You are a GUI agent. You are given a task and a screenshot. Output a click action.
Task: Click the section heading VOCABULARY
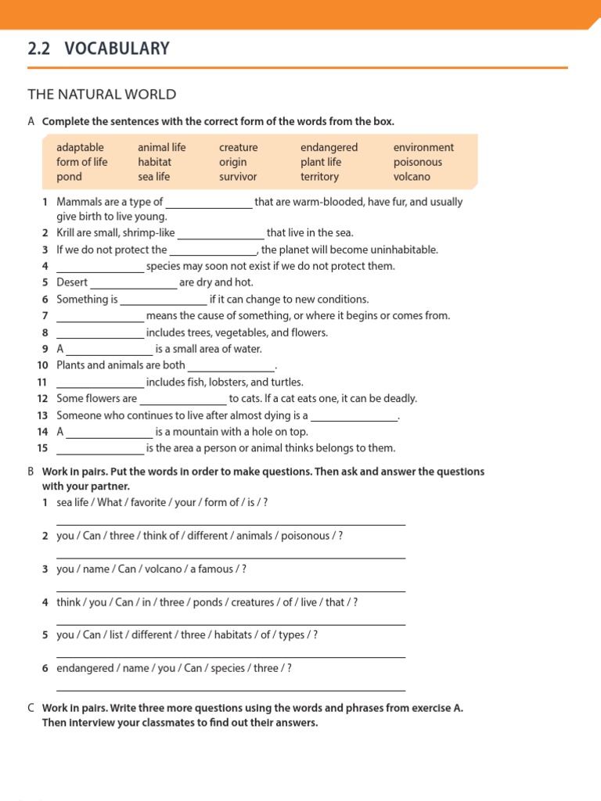click(117, 48)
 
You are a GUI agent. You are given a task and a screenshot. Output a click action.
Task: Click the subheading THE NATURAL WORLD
click(102, 95)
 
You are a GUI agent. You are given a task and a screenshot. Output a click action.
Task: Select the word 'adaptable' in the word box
click(80, 147)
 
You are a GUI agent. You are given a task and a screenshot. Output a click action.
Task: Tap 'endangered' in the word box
click(329, 147)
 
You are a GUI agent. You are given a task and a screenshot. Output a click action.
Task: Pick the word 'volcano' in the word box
click(412, 177)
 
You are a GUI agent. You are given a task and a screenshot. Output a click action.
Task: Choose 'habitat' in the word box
click(154, 162)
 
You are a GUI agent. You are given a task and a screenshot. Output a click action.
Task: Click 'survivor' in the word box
click(238, 177)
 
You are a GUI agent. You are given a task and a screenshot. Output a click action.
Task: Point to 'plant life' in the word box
click(321, 162)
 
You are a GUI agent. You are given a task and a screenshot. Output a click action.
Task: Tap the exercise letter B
click(31, 472)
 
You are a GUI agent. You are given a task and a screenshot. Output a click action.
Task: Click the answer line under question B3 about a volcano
click(231, 590)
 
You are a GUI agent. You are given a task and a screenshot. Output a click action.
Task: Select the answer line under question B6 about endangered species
click(231, 689)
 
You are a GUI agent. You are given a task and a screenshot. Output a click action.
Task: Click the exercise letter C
click(31, 708)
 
